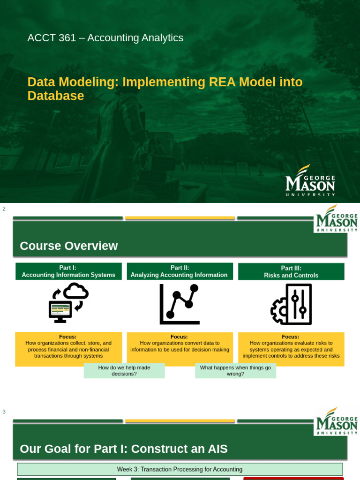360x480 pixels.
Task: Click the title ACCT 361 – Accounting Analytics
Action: [x=105, y=38]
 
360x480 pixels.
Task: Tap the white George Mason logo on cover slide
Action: [x=311, y=180]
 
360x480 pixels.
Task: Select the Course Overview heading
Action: [x=68, y=246]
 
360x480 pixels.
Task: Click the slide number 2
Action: [x=4, y=209]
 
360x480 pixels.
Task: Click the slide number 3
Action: [x=4, y=412]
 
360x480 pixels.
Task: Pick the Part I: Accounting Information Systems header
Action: [x=68, y=271]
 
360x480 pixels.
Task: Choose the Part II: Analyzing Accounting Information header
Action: [x=180, y=271]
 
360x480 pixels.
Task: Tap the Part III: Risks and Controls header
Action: [x=291, y=272]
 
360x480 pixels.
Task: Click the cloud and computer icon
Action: [x=68, y=303]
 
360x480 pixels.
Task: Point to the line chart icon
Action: [x=180, y=304]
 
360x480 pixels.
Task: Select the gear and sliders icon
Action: [x=291, y=304]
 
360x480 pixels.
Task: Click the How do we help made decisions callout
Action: [x=124, y=371]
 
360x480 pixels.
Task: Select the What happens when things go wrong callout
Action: [x=235, y=371]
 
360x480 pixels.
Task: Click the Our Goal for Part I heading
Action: [x=124, y=449]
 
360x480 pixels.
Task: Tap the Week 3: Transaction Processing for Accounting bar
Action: [x=180, y=469]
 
